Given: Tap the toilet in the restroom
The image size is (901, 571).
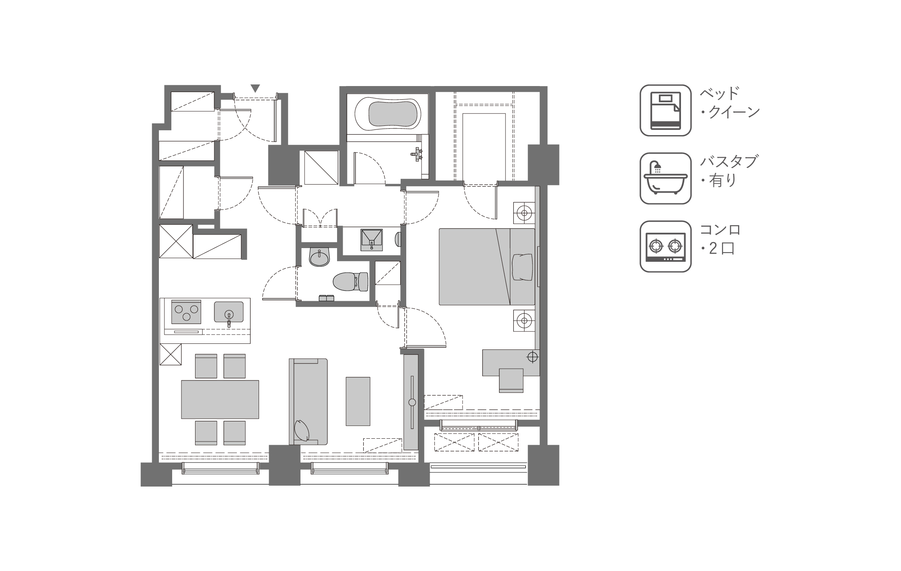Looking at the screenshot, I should [351, 281].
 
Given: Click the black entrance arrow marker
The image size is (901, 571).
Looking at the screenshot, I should [255, 88].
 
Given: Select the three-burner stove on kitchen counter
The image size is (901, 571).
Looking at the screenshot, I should [186, 312].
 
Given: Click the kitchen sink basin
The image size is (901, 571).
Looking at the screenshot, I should [228, 312].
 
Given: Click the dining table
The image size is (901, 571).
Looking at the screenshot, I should [220, 399].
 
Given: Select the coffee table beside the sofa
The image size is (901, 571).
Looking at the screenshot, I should [358, 401].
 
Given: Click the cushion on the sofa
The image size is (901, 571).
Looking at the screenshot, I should [302, 431].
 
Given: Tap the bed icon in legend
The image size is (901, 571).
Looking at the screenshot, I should [666, 110].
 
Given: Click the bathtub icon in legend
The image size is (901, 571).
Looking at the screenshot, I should [666, 178].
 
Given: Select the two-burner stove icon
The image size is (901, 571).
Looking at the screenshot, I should [666, 246].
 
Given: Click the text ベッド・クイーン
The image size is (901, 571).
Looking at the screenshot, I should [729, 103].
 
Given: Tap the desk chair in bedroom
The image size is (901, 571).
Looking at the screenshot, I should [511, 380].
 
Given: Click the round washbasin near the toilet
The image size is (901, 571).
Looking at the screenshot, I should [319, 257].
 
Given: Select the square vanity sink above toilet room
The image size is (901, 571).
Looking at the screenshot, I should [371, 240].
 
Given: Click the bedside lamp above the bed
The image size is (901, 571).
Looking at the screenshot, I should [524, 212].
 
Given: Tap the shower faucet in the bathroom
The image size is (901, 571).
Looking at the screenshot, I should [417, 153].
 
